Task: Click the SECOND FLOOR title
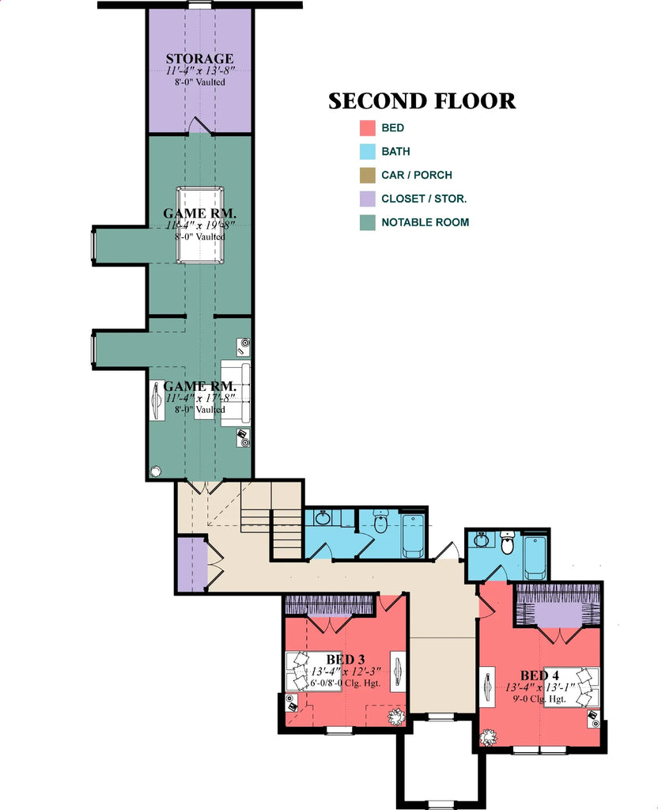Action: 422,101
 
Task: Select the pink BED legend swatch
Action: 367,128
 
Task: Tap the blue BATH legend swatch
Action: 367,152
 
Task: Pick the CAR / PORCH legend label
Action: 416,176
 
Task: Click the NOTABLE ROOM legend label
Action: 425,222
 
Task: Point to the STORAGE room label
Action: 199,59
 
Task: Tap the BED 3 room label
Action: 345,659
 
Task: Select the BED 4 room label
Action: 539,676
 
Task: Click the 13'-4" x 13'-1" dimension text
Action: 539,687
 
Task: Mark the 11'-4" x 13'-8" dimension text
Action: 199,70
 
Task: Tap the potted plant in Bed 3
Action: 395,717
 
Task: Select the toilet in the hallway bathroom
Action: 380,524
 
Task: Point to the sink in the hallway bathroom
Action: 322,519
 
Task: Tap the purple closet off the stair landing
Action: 191,563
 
